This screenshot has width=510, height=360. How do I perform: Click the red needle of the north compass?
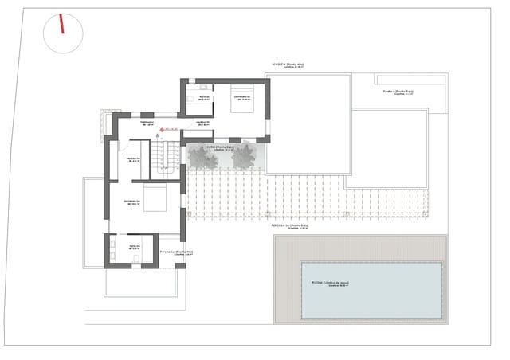point(61,25)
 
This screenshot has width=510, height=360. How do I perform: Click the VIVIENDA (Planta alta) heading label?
point(288,65)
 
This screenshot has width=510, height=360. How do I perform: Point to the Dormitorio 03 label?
point(241,98)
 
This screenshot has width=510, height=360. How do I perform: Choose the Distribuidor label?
point(147,123)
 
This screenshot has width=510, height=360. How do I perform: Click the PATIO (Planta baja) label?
point(220,147)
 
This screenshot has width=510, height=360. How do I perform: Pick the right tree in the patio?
point(243,158)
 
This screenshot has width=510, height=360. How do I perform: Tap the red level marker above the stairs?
point(162,128)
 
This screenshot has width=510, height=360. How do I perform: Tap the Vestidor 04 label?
point(133,158)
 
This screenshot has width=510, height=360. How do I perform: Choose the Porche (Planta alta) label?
point(176,252)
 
